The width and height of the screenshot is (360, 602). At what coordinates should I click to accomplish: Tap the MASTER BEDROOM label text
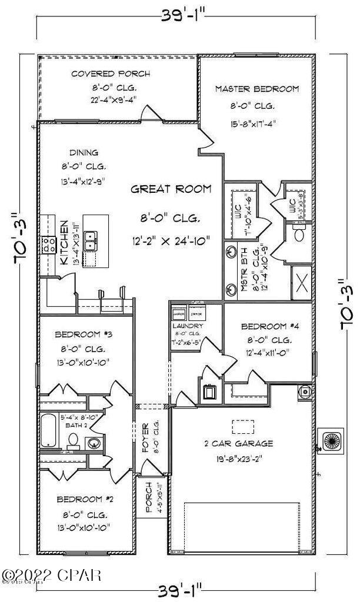[x=256, y=89]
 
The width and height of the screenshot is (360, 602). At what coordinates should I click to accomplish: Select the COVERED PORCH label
[x=110, y=74]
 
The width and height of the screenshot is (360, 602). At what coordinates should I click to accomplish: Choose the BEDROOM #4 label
[x=267, y=326]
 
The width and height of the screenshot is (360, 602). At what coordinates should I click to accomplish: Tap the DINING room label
[x=84, y=152]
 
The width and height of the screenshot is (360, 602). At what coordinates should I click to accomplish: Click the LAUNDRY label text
[x=188, y=326]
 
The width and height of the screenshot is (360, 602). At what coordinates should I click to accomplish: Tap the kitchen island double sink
[x=91, y=238]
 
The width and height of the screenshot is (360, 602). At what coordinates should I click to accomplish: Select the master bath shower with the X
[x=302, y=282]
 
